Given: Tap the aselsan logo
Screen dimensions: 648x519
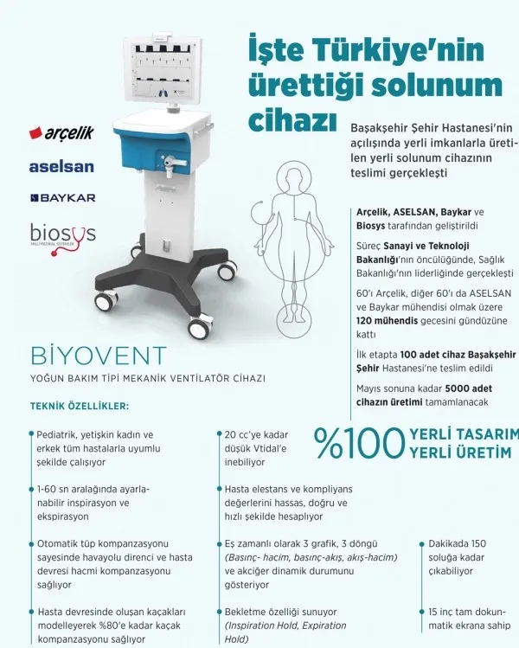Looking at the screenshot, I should pyautogui.click(x=61, y=165).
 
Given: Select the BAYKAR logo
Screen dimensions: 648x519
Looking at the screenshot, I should pyautogui.click(x=62, y=198).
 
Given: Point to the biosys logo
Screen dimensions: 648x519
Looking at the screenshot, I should pyautogui.click(x=62, y=234).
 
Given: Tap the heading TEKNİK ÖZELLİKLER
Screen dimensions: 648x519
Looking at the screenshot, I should pyautogui.click(x=79, y=406).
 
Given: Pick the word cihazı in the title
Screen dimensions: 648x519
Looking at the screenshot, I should pyautogui.click(x=292, y=120).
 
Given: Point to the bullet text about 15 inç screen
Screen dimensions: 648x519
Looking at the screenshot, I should pyautogui.click(x=468, y=618).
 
